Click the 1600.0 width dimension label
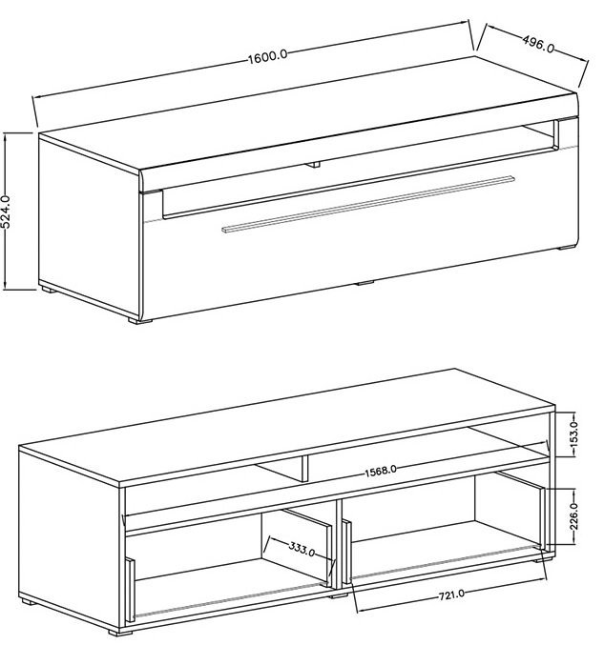point(267,56)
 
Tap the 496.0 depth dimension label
point(538,44)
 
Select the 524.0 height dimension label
point(6,212)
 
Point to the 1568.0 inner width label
point(381,471)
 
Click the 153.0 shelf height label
point(574,433)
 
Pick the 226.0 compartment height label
point(574,515)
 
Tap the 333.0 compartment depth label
point(302,549)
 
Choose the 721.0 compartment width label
point(451,595)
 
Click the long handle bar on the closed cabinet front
point(368,205)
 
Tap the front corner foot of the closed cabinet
point(135,320)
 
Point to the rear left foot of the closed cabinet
point(49,290)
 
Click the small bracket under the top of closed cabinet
point(314,164)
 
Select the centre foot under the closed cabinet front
point(364,283)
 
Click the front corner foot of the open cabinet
point(115,632)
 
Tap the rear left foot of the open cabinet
point(29,601)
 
